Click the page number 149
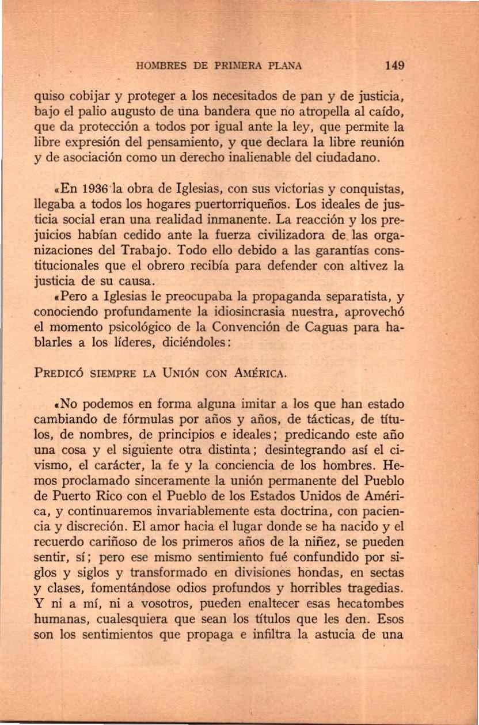click(396, 64)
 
